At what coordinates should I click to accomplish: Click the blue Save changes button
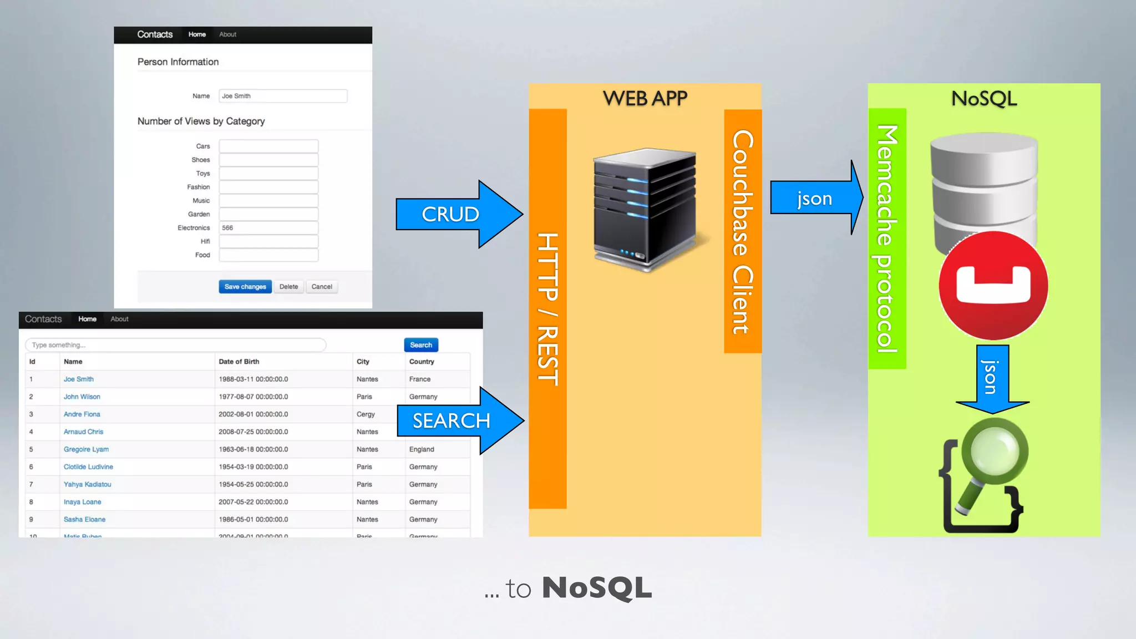click(x=245, y=287)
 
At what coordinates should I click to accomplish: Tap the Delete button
click(x=288, y=287)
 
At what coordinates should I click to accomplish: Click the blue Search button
click(x=421, y=345)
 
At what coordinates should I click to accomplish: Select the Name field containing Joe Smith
click(x=283, y=96)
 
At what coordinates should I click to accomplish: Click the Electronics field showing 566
click(x=268, y=228)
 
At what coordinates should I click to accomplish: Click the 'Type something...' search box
click(x=175, y=345)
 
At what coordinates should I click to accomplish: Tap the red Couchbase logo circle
click(x=993, y=285)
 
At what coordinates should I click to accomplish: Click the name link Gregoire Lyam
click(x=86, y=449)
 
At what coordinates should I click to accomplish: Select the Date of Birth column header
click(x=239, y=362)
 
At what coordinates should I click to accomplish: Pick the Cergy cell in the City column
click(x=366, y=414)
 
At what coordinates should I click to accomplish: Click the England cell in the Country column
click(x=422, y=449)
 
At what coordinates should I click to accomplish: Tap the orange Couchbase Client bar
click(x=743, y=231)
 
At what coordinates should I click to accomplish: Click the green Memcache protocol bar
click(x=887, y=239)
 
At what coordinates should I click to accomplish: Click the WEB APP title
click(x=645, y=99)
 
